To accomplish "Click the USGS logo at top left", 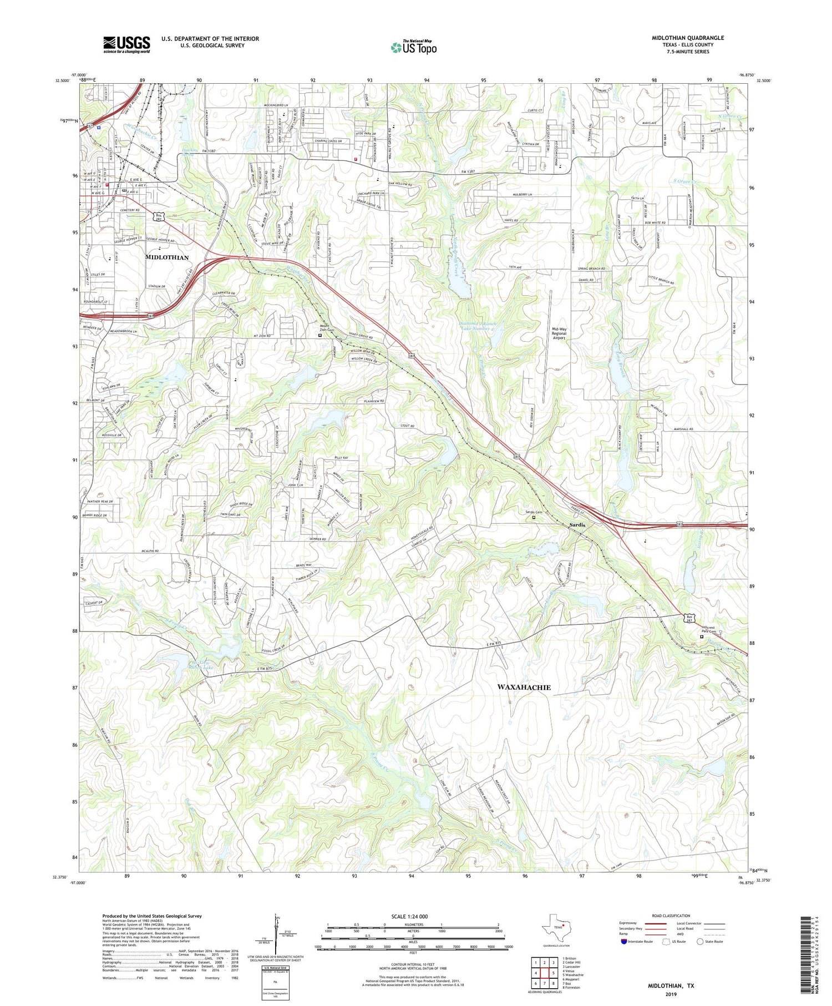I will [126, 44].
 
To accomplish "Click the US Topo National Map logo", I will [413, 47].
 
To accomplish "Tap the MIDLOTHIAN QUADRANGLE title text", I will [687, 38].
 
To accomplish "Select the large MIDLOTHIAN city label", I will [166, 257].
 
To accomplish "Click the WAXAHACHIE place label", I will [524, 687].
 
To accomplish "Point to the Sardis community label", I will [577, 525].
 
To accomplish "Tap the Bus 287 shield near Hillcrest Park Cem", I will [689, 619].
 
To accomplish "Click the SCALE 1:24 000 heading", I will [413, 916].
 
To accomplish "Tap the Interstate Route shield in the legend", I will [624, 942].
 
